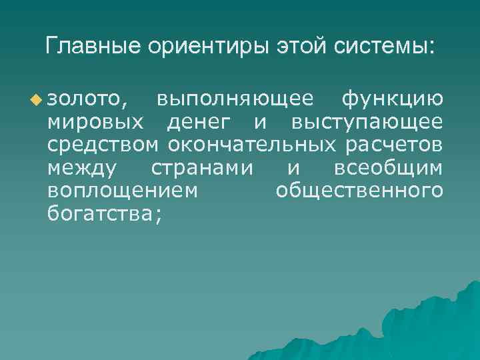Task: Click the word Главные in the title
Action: (x=87, y=46)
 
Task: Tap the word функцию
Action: (x=391, y=100)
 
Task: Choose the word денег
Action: (x=199, y=123)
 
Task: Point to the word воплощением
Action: (x=123, y=191)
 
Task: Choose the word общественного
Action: (x=359, y=191)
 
